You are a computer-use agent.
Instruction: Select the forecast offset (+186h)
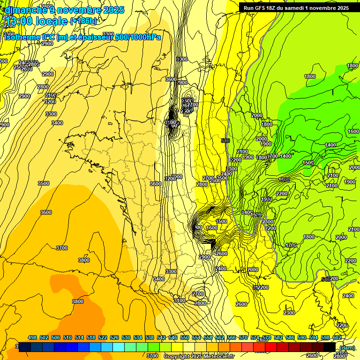[x=83, y=21]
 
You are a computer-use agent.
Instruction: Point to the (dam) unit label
[x=347, y=348]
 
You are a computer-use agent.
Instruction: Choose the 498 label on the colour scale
[x=32, y=337]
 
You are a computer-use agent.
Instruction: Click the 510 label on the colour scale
[x=67, y=337]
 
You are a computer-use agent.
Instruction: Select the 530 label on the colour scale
[x=126, y=337]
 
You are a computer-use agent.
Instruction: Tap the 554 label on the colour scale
[x=196, y=337]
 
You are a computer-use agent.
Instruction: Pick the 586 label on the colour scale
[x=290, y=337]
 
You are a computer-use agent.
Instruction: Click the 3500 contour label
[x=43, y=183]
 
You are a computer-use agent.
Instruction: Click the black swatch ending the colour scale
[x=330, y=347]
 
